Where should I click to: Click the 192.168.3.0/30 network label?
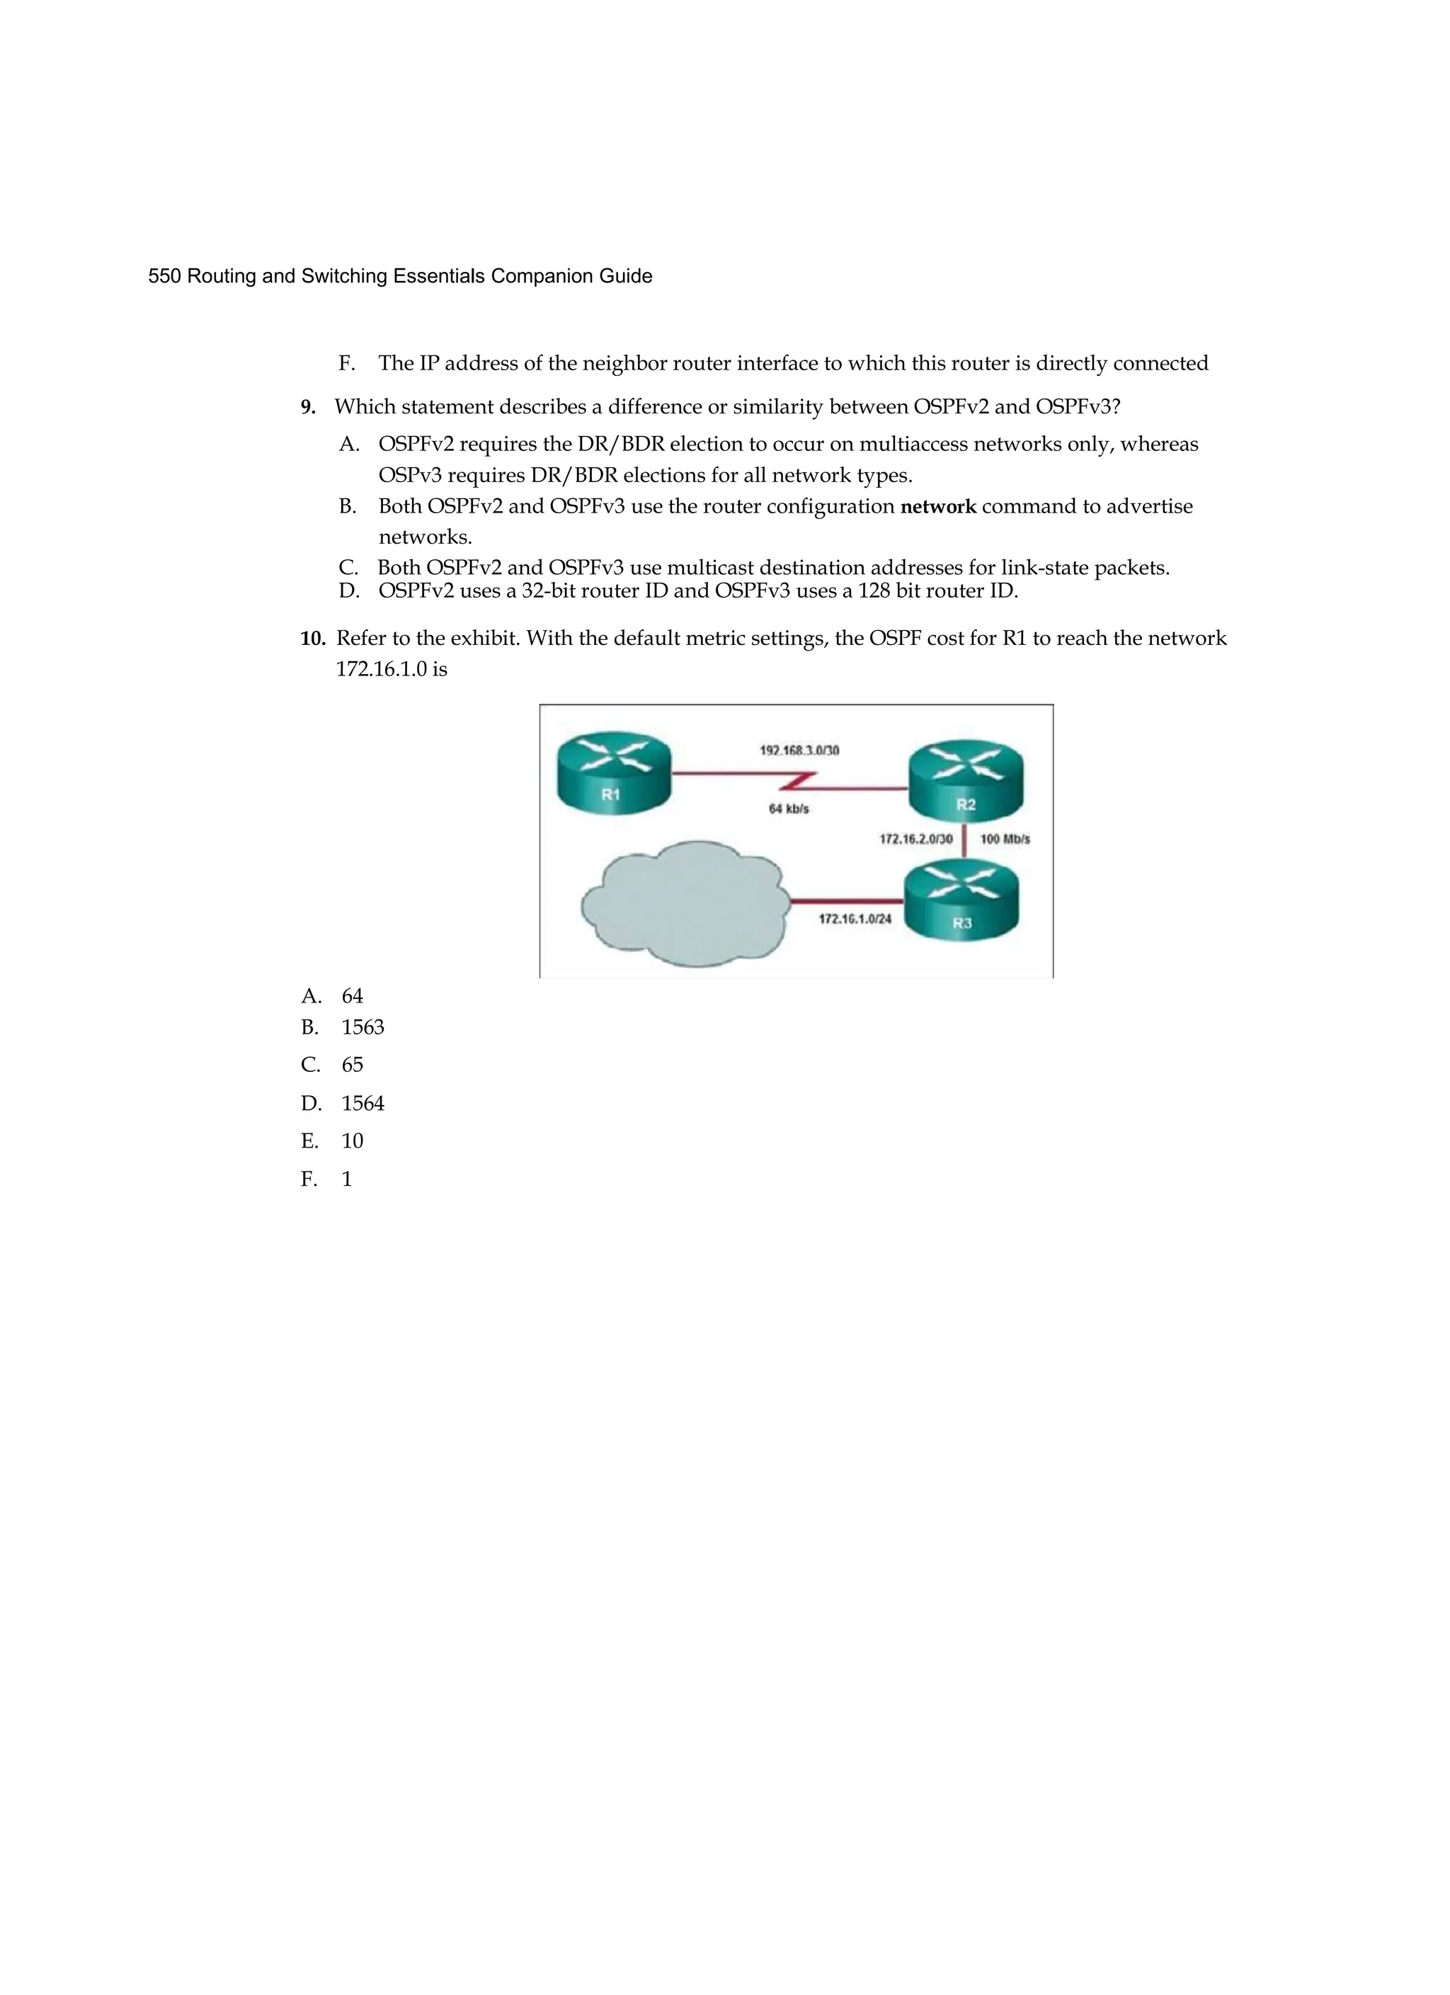(x=799, y=750)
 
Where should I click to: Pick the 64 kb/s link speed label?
(x=788, y=808)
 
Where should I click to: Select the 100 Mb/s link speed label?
(x=1005, y=839)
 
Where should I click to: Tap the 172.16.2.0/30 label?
(x=915, y=839)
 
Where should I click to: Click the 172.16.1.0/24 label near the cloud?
(x=855, y=919)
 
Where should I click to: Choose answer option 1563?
(x=362, y=1027)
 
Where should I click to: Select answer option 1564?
(x=362, y=1103)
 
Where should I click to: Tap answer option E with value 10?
(x=352, y=1141)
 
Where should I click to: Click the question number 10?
(x=312, y=639)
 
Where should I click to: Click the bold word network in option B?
(x=938, y=507)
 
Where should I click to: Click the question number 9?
(x=308, y=407)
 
